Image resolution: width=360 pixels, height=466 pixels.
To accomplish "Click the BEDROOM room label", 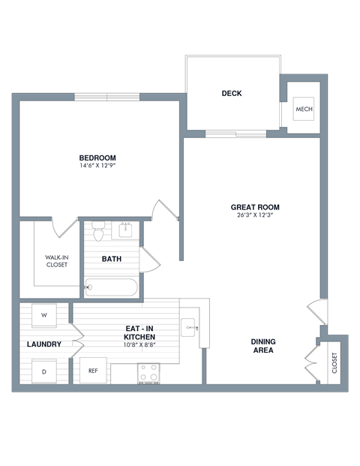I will (x=97, y=157).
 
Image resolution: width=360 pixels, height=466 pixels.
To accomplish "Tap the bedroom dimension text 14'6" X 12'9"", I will (x=97, y=166).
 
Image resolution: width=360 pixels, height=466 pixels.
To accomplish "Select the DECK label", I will (x=232, y=94).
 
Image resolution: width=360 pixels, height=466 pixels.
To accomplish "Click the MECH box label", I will (x=304, y=110).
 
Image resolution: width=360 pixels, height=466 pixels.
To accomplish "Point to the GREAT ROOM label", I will (x=255, y=207).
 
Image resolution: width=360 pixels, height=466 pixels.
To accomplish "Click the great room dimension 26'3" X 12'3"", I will (x=255, y=216).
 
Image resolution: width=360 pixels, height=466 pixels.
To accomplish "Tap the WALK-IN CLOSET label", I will (x=56, y=260).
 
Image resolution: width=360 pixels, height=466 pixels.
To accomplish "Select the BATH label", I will (x=112, y=260).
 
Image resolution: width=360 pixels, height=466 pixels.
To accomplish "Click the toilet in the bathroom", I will (x=97, y=230).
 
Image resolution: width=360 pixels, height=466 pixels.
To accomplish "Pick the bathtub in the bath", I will (x=111, y=287).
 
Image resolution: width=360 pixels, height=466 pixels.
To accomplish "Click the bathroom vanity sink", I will (x=126, y=230).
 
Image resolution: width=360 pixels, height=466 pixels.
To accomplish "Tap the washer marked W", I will (x=44, y=315).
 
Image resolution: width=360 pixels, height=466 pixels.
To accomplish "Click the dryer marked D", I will (x=44, y=371).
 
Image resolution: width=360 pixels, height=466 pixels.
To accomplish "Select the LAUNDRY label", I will (x=43, y=344).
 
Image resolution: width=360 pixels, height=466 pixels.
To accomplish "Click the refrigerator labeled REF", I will (x=93, y=371).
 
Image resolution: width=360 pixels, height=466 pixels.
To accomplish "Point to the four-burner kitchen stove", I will (x=148, y=372).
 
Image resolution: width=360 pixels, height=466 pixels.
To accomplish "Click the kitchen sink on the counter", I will (x=189, y=326).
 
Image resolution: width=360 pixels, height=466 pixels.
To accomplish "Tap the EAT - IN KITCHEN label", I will (x=139, y=332).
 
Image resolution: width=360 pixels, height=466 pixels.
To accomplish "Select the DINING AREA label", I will (x=262, y=346).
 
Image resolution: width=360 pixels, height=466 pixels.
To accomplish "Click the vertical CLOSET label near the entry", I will (x=334, y=362).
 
